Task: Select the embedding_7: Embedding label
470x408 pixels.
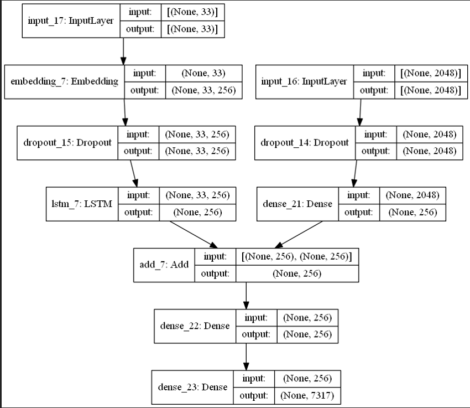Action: pos(65,81)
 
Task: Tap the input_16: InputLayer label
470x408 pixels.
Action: pos(304,81)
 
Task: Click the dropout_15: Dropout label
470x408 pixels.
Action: pos(67,142)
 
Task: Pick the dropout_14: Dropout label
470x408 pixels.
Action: pos(305,142)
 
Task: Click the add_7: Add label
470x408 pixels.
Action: pos(164,265)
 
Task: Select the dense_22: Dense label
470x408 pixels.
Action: pos(195,326)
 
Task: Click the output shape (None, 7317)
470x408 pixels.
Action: pos(307,396)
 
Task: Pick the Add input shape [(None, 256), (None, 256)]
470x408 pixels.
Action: pos(296,256)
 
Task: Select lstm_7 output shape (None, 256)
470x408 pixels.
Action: pos(196,213)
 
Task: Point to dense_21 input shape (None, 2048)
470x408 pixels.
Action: pos(412,195)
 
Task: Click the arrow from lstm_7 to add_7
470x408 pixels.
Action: pos(191,234)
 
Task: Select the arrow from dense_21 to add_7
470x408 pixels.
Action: pos(299,234)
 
